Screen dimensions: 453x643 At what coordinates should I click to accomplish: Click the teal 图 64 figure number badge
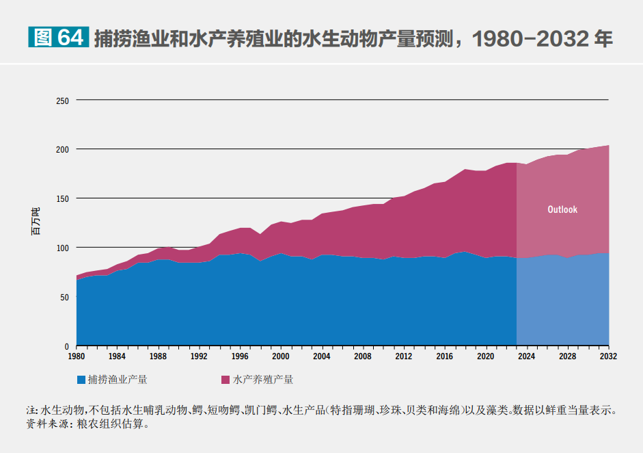[58, 37]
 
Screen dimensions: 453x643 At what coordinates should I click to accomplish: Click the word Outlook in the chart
[562, 209]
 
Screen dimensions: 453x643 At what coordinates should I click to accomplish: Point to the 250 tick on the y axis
[63, 101]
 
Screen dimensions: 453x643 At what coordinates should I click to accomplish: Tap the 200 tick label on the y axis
[63, 149]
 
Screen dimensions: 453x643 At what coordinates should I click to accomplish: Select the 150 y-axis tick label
[63, 198]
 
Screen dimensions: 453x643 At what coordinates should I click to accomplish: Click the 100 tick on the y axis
[63, 248]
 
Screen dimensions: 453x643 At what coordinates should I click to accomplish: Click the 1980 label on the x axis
[76, 357]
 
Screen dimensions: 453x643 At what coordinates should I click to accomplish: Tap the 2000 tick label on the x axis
[281, 357]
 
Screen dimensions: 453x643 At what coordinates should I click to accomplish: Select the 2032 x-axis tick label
[608, 357]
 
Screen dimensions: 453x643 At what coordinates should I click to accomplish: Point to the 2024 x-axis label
[526, 357]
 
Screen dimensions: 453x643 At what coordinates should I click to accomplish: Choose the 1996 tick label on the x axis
[240, 357]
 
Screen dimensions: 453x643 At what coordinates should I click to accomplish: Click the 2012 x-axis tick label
[403, 357]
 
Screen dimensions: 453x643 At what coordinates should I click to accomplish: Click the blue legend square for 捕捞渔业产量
[81, 379]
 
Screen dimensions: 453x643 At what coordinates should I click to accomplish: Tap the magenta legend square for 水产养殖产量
[225, 379]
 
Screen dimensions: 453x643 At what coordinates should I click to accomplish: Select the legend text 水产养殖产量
[263, 379]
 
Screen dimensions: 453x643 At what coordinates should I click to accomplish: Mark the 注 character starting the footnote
[30, 411]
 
